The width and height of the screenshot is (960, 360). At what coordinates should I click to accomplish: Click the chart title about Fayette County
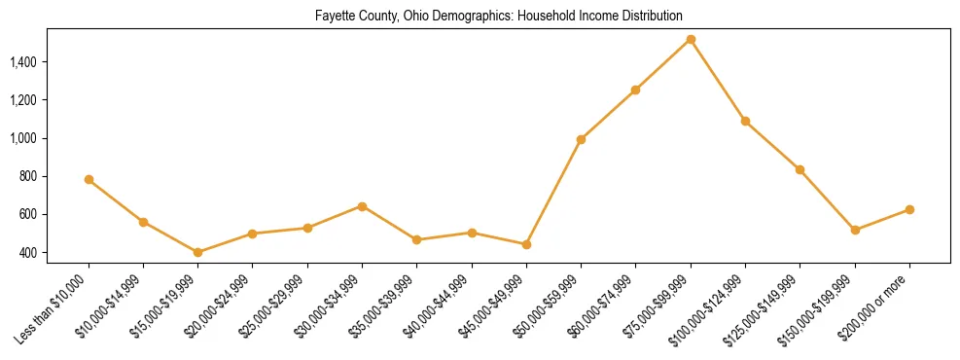tap(498, 17)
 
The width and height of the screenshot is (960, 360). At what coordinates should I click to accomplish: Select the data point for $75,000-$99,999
tap(691, 40)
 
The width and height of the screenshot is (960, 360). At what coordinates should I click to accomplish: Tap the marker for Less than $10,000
tap(89, 179)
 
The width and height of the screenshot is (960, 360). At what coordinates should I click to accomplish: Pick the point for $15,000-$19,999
tap(198, 252)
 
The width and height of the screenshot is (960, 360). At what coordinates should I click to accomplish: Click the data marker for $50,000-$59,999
tap(581, 139)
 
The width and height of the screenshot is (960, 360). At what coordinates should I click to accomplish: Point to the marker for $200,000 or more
tap(909, 209)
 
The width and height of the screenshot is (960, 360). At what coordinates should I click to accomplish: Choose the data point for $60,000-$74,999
tap(635, 90)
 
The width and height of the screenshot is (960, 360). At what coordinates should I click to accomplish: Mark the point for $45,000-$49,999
tap(526, 244)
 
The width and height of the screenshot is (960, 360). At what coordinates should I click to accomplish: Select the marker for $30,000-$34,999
tap(362, 206)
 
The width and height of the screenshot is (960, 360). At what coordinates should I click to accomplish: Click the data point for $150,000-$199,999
tap(855, 230)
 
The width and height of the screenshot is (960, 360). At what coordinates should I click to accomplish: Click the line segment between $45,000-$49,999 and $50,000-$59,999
tap(553, 192)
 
